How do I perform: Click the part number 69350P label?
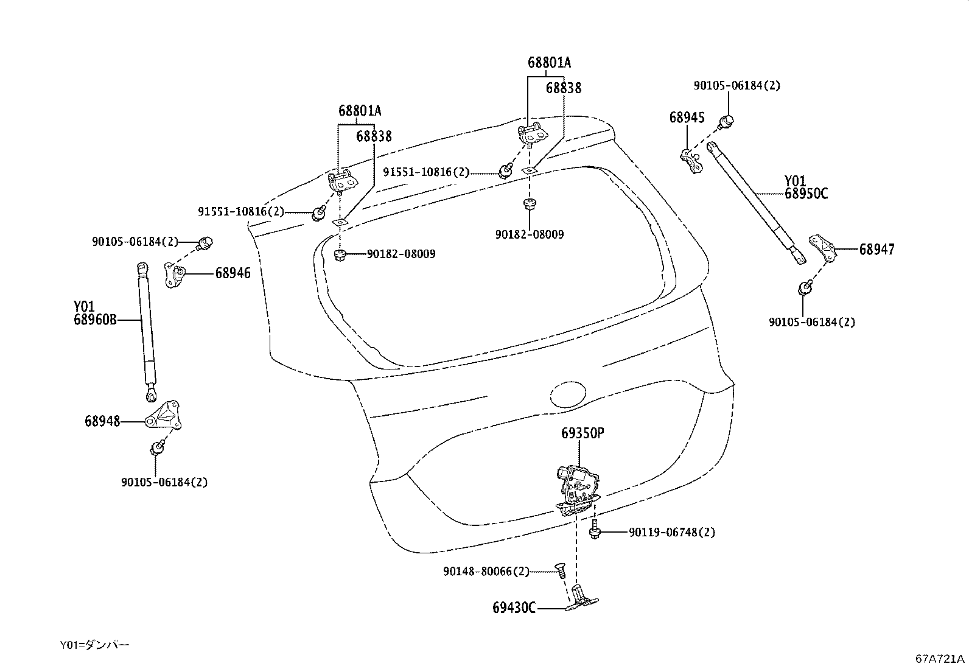click(x=582, y=433)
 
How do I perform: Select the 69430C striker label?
click(x=514, y=608)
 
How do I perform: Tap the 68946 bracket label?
click(x=233, y=274)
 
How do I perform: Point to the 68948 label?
click(x=102, y=421)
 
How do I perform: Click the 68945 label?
click(x=687, y=117)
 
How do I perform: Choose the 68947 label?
click(x=876, y=250)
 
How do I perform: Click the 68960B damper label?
click(x=94, y=320)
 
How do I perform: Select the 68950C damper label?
click(x=806, y=194)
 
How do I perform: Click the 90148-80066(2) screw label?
click(x=486, y=572)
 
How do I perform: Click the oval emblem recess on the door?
click(x=568, y=393)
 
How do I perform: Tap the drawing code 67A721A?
click(x=940, y=659)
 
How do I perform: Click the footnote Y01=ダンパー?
click(x=94, y=645)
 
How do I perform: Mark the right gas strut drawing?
click(x=755, y=201)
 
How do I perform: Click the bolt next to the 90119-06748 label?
click(x=595, y=532)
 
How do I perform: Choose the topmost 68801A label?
click(x=549, y=62)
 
